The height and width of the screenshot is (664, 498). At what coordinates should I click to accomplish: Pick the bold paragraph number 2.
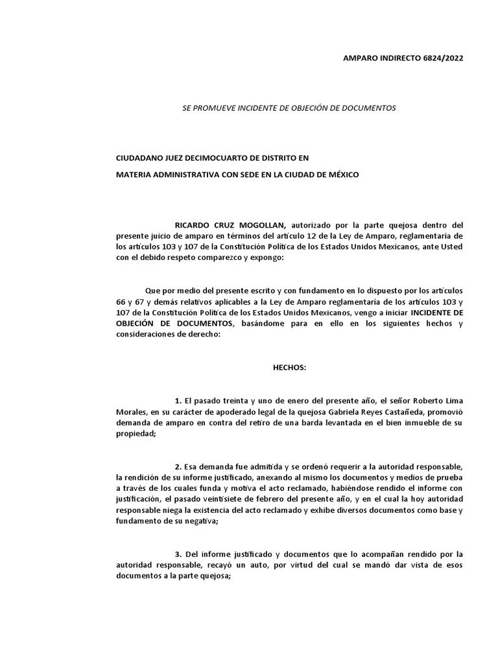[178, 468]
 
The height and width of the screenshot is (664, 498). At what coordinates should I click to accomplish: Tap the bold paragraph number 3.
[178, 554]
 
